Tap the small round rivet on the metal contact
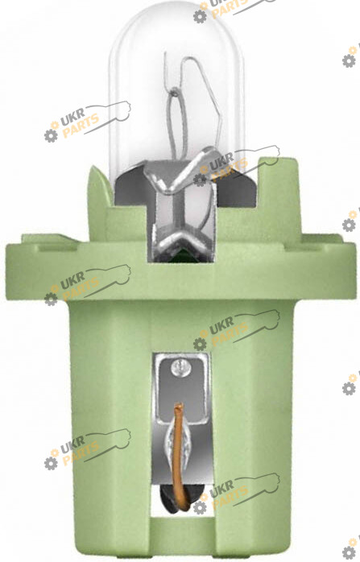click(180, 368)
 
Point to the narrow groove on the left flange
click(57, 248)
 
